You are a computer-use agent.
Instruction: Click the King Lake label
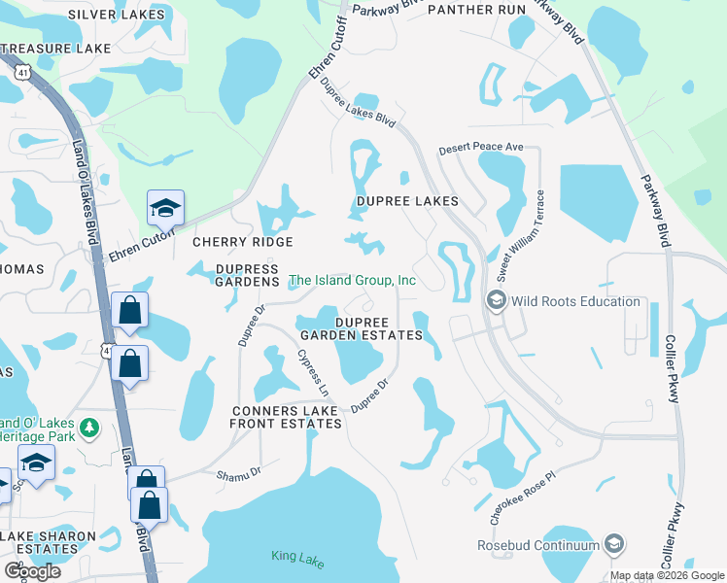point(296,557)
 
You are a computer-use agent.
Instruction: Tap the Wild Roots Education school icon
point(498,301)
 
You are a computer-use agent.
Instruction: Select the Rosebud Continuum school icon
point(612,545)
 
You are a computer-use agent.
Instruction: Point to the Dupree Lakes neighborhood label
point(406,201)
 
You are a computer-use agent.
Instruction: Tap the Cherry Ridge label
point(242,242)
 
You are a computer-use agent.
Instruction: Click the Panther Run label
point(476,10)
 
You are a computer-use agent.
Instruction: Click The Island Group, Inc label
point(353,281)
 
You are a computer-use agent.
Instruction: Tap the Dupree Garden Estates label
point(379,328)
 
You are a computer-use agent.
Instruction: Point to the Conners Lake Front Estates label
point(285,417)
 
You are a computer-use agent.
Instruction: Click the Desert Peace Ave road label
point(481,149)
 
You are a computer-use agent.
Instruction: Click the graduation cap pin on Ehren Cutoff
point(164,207)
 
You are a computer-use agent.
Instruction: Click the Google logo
point(32,571)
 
